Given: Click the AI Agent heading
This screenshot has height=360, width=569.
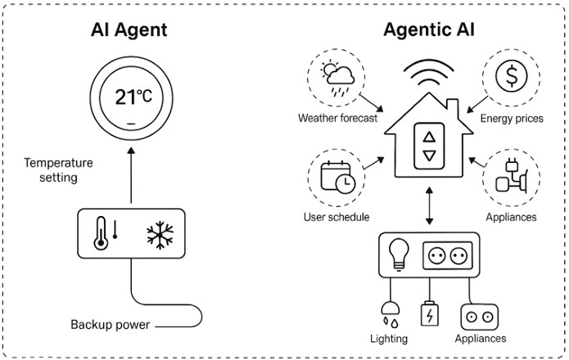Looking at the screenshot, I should [x=129, y=31].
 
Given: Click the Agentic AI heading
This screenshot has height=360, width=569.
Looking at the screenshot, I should [x=428, y=31].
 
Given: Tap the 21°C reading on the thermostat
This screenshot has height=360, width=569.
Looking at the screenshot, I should [x=133, y=98].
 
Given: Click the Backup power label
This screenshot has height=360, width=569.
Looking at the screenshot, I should [x=110, y=325].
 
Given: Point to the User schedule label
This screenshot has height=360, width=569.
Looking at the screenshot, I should [x=335, y=218].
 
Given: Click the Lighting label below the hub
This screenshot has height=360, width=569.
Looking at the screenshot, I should [x=387, y=338].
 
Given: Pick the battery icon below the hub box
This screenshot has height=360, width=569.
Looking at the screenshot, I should [x=428, y=314].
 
